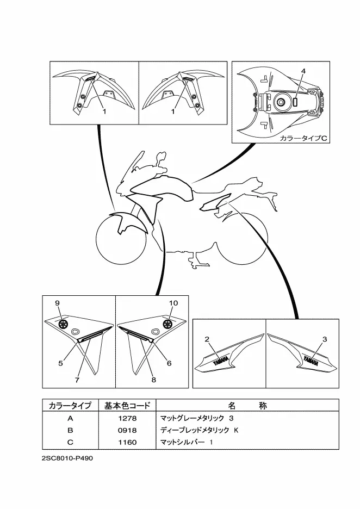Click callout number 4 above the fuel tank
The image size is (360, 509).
click(x=303, y=71)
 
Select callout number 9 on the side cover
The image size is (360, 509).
click(x=57, y=303)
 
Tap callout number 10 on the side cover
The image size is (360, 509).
click(x=173, y=303)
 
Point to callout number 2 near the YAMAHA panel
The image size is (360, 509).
click(x=207, y=339)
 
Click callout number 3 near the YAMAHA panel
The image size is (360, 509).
click(x=324, y=339)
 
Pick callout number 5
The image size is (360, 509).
click(x=61, y=363)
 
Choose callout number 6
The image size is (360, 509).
click(x=169, y=363)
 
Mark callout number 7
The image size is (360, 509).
click(x=77, y=380)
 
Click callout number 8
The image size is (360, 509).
click(x=153, y=380)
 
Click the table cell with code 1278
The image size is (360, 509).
click(x=128, y=418)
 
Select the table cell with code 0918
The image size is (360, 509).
click(x=128, y=431)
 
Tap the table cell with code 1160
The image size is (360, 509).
click(x=128, y=442)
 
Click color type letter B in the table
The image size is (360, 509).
click(x=70, y=431)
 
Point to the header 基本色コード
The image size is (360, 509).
click(x=127, y=406)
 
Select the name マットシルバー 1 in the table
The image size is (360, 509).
click(x=187, y=442)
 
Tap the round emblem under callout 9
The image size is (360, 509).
click(x=63, y=324)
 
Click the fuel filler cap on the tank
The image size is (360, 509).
click(x=281, y=103)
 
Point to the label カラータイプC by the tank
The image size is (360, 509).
click(x=303, y=139)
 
